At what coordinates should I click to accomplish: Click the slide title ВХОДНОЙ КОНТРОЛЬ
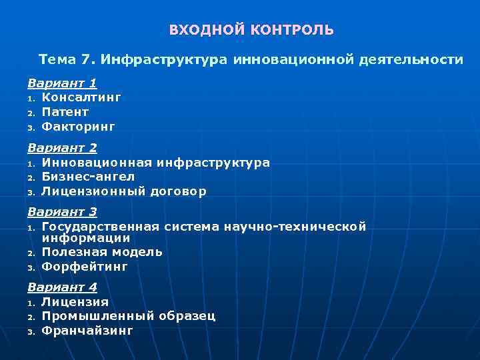[x=251, y=30]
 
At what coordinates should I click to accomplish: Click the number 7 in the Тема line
[x=85, y=59]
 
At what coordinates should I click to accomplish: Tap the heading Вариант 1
[x=62, y=83]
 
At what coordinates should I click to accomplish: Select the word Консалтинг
[x=81, y=97]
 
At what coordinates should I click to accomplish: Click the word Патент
[x=65, y=111]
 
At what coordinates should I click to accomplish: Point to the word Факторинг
[x=78, y=125]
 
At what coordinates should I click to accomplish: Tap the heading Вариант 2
[x=62, y=148]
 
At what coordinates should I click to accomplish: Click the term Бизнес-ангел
[x=88, y=176]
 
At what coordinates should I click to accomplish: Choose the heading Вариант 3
[x=62, y=212]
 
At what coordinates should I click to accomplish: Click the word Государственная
[x=100, y=227]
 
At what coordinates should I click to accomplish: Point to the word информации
[x=85, y=237]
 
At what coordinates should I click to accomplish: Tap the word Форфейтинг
[x=84, y=266]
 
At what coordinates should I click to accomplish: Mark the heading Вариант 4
[x=62, y=287]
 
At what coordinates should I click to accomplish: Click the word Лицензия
[x=75, y=302]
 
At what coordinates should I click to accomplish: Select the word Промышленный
[x=98, y=316]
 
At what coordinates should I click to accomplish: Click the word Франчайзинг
[x=87, y=330]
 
